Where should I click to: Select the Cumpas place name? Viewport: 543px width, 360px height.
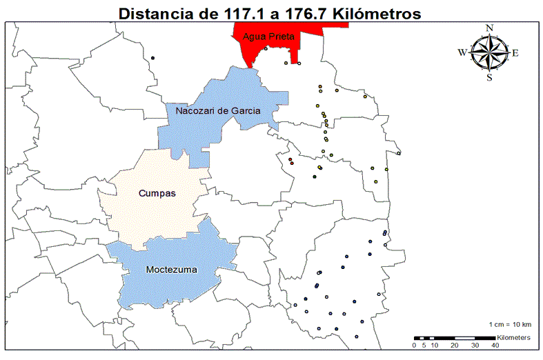click(x=157, y=194)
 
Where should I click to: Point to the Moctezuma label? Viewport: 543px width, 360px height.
click(x=172, y=270)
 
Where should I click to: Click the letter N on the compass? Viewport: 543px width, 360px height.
click(x=489, y=28)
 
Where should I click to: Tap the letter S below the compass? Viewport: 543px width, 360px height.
click(x=489, y=77)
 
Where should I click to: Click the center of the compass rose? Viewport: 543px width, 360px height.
click(x=489, y=52)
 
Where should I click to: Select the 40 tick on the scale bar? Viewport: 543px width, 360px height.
click(x=495, y=345)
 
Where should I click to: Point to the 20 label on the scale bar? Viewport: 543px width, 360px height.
click(x=454, y=345)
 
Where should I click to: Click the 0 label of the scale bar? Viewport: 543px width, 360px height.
click(x=414, y=345)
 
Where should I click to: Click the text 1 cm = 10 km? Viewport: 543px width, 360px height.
click(x=510, y=324)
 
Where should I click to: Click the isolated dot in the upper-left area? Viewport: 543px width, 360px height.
click(x=153, y=57)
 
